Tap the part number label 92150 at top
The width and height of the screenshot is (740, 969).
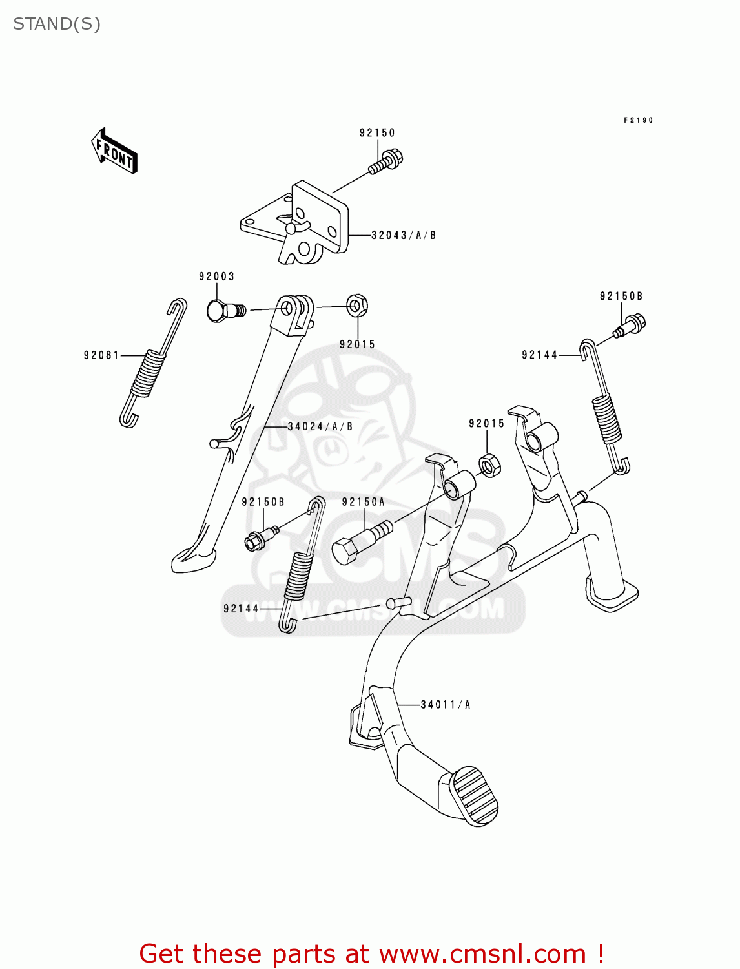point(377,133)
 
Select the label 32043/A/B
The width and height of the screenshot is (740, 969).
point(404,236)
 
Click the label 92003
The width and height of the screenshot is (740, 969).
point(216,276)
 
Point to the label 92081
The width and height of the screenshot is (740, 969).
point(101,355)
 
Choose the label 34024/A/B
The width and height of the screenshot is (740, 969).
point(320,426)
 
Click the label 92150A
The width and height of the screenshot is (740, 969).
point(363,502)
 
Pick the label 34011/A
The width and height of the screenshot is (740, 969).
point(446,705)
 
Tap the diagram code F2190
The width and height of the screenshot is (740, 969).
point(638,120)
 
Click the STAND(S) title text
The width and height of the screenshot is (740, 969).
point(57,24)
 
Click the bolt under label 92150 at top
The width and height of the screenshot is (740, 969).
point(387,161)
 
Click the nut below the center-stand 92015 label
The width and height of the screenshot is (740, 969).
point(489,464)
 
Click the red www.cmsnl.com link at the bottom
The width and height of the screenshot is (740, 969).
point(491,953)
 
